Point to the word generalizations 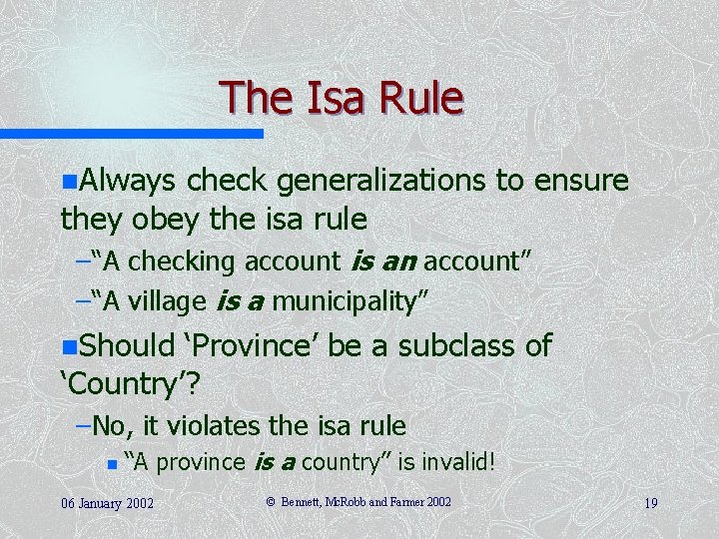point(382,181)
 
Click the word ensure point(581,181)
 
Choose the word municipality point(356,299)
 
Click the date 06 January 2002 point(105,503)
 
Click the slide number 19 point(650,503)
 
